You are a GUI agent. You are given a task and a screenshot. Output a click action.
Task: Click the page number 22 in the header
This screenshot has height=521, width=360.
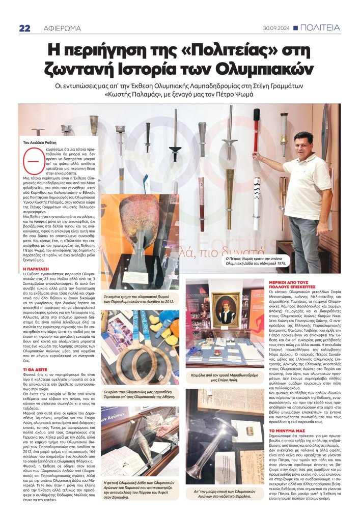24,28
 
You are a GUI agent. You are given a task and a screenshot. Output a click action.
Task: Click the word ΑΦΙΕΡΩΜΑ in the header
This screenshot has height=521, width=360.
60,28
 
